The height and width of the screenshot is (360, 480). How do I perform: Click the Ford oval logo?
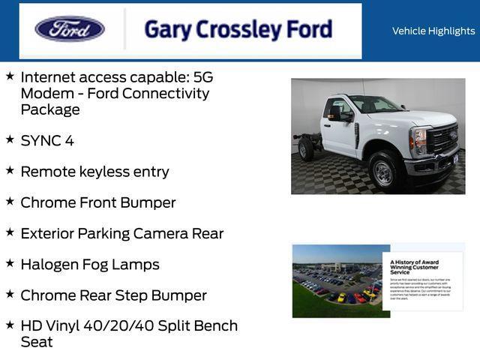(x=70, y=29)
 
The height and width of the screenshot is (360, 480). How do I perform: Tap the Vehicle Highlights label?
(x=433, y=31)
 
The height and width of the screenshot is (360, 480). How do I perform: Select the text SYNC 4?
(x=47, y=140)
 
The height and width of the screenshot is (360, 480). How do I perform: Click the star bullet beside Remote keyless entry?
(x=10, y=170)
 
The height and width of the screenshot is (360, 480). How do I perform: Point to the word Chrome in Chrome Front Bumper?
(x=47, y=202)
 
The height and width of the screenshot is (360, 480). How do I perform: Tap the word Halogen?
(x=50, y=264)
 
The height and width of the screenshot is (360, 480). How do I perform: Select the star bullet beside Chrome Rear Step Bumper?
(x=10, y=294)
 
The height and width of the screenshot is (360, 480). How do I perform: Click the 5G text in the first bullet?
(x=203, y=77)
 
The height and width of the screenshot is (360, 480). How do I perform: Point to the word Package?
(x=50, y=109)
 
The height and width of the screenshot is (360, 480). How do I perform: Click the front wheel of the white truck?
(x=384, y=172)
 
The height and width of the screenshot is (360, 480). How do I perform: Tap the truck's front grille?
(x=442, y=139)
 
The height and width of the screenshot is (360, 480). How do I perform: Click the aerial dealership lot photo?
(x=337, y=280)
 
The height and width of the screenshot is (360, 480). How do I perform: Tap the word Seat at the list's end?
(x=37, y=342)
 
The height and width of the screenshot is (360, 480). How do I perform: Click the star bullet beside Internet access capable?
(x=10, y=76)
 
